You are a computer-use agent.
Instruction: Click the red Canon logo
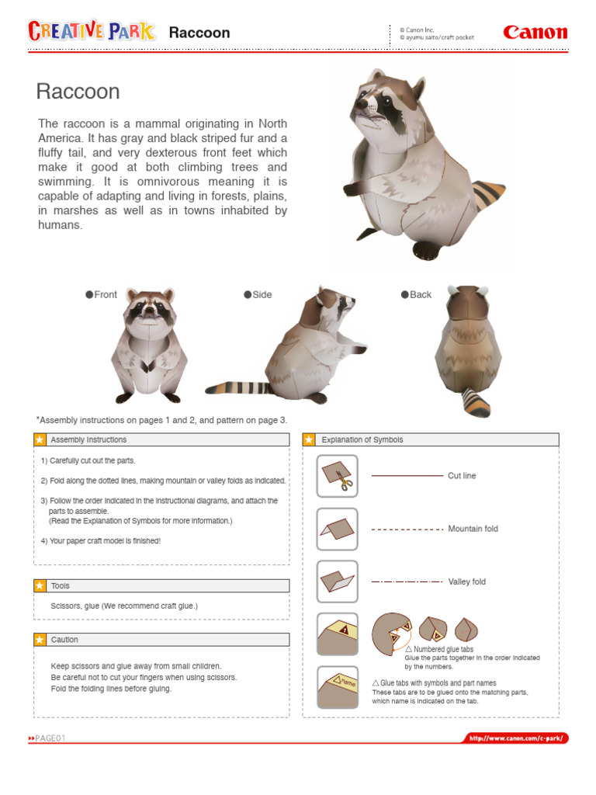(x=535, y=33)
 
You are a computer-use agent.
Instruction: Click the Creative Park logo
(x=91, y=31)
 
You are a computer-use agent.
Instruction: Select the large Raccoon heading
(x=78, y=92)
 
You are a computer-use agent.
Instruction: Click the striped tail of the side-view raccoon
(x=237, y=387)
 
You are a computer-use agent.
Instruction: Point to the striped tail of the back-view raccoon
(x=476, y=402)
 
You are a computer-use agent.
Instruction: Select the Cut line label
(x=462, y=476)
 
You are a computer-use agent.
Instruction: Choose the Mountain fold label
(x=473, y=529)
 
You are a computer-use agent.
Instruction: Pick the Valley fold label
(x=466, y=581)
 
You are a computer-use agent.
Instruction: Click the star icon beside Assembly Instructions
(x=40, y=440)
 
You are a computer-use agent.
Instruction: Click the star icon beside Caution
(x=40, y=640)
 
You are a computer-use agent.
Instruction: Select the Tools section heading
(x=61, y=586)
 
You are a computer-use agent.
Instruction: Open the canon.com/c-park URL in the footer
(x=516, y=738)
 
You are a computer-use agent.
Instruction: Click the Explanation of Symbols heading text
(x=362, y=440)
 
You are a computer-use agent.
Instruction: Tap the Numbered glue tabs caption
(x=443, y=649)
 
